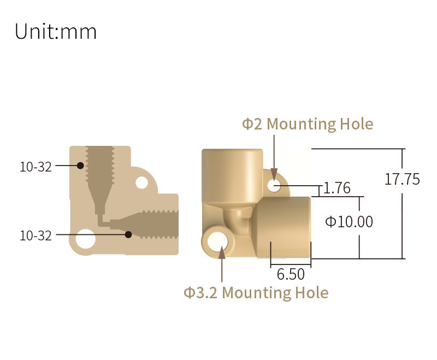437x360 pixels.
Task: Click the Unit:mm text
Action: coord(56,32)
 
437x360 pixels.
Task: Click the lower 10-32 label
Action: coord(36,236)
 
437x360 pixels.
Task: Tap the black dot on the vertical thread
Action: coord(80,165)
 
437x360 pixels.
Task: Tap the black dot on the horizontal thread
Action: coord(128,234)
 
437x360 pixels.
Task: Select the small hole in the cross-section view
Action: coord(141,182)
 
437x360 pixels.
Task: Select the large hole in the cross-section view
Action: coord(85,239)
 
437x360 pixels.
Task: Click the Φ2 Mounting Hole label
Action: coord(308,124)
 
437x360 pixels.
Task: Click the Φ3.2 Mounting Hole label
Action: coord(256,293)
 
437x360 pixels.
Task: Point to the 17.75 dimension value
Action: coord(402,179)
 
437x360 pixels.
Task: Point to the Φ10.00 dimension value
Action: coord(349,222)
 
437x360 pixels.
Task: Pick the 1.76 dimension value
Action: coord(336,188)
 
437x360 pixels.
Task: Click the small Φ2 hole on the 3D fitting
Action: coord(274,185)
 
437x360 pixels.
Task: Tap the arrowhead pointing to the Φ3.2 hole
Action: coord(222,252)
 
